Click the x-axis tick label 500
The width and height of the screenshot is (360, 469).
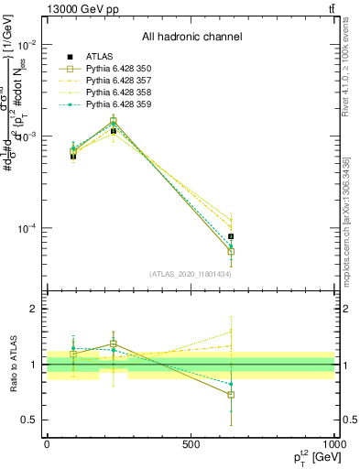point(191,444)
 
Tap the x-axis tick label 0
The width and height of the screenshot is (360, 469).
point(47,444)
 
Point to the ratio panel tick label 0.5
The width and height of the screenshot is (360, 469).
point(30,420)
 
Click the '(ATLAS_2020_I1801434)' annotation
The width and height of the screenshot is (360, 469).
point(191,273)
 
